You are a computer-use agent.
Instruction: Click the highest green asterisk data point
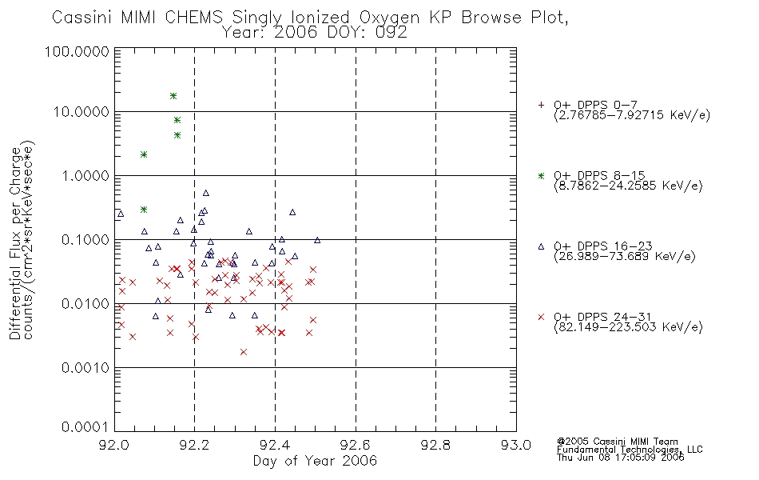pyautogui.click(x=173, y=96)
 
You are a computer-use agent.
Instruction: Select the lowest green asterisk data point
pyautogui.click(x=144, y=210)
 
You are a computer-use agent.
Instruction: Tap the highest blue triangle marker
pyautogui.click(x=205, y=193)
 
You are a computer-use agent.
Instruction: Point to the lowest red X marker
pyautogui.click(x=244, y=352)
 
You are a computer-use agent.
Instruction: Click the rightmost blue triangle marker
pyautogui.click(x=317, y=240)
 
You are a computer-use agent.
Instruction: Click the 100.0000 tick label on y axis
pyautogui.click(x=77, y=51)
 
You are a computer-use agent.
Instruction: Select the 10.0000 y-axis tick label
pyautogui.click(x=81, y=112)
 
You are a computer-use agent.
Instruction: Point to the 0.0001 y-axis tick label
pyautogui.click(x=85, y=426)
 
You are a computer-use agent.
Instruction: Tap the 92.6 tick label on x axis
pyautogui.click(x=356, y=445)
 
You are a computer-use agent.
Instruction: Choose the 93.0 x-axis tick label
pyautogui.click(x=516, y=445)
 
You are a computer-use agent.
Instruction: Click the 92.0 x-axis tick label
pyautogui.click(x=114, y=445)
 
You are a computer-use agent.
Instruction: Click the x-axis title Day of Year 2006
pyautogui.click(x=315, y=461)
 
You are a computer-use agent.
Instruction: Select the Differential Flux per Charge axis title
pyautogui.click(x=15, y=242)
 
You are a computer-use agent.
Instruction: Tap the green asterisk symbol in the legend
pyautogui.click(x=541, y=176)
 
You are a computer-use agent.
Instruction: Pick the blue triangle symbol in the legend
pyautogui.click(x=541, y=246)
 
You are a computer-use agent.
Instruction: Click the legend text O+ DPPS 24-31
pyautogui.click(x=603, y=317)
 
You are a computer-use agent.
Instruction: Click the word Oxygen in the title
pyautogui.click(x=389, y=18)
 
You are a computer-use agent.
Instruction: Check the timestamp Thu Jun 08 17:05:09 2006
pyautogui.click(x=621, y=458)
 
